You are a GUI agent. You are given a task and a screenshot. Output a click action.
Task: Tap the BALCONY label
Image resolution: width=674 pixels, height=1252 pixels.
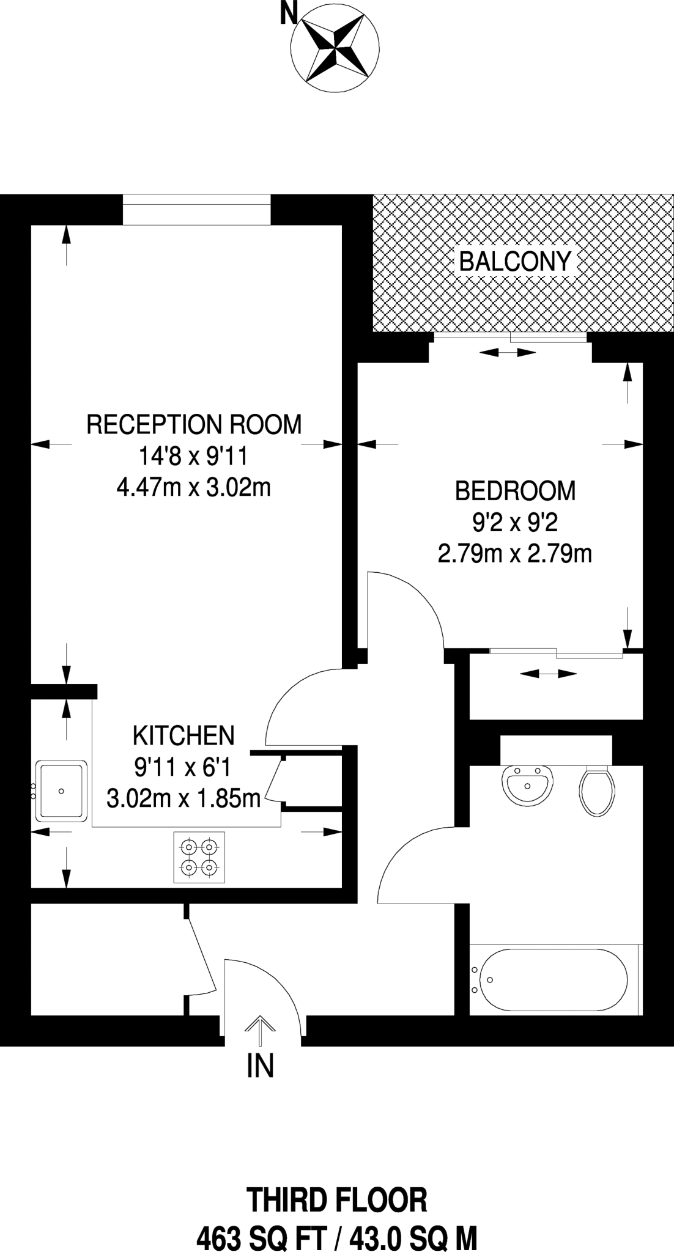tap(515, 262)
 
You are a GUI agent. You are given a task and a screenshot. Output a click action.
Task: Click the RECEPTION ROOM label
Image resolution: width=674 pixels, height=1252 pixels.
tap(194, 424)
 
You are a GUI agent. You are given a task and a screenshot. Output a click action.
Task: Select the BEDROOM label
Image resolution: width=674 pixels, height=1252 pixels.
tap(515, 490)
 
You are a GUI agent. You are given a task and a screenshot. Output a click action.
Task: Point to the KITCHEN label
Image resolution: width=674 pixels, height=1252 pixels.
tap(183, 735)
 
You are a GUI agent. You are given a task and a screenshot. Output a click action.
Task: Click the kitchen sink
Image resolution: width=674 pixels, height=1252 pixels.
tap(61, 791)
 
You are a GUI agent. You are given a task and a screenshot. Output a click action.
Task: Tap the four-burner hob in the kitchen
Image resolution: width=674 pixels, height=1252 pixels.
tap(199, 857)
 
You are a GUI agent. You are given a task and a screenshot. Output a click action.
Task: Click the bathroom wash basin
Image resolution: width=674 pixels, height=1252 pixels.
tap(528, 785)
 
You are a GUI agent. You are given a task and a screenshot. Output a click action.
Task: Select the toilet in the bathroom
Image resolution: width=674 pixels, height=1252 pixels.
tap(596, 791)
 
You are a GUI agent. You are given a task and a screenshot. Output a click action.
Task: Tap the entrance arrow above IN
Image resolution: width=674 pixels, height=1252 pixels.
tap(260, 1032)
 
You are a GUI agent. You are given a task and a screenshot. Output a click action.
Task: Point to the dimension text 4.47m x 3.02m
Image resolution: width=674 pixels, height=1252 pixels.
tap(193, 488)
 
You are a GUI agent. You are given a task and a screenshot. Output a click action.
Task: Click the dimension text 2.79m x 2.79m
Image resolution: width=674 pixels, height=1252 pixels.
tap(515, 554)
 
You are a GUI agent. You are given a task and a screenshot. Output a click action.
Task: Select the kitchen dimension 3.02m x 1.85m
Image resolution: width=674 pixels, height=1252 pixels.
tap(183, 798)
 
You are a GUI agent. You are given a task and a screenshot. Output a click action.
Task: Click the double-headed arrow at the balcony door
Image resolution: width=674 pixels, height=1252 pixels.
tap(508, 352)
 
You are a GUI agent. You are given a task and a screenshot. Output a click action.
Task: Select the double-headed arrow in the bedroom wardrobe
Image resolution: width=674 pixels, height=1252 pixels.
tap(548, 674)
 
